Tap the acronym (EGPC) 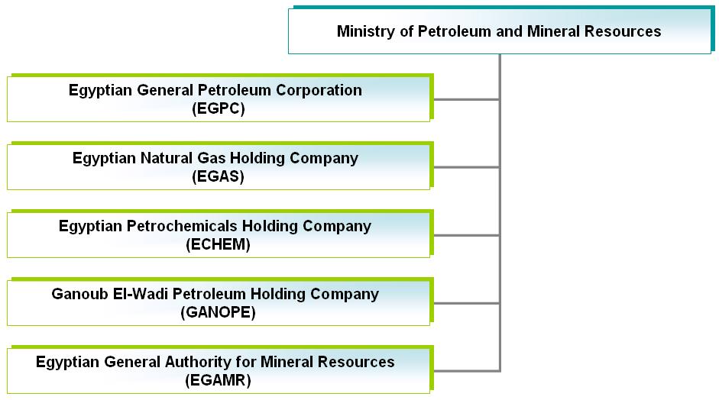(219, 108)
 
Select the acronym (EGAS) (219, 176)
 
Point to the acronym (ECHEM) (219, 244)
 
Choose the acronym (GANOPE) (219, 312)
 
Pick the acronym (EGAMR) (219, 380)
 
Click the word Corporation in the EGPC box (319, 91)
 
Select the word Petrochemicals (182, 226)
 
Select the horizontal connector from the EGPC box (466, 99)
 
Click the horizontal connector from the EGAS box (466, 167)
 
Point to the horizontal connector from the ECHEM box (466, 236)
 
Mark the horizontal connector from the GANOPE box (466, 303)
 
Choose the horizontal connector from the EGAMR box (467, 371)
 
